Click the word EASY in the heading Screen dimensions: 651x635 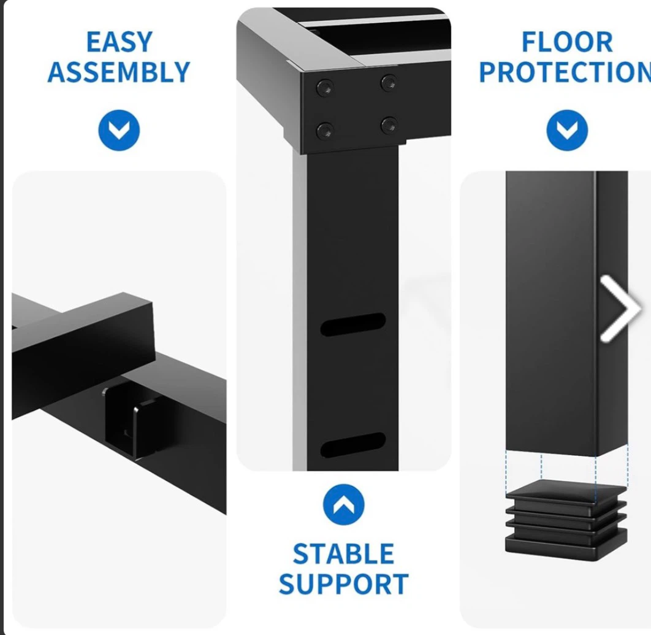pos(120,42)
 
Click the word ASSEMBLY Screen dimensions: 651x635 pos(119,72)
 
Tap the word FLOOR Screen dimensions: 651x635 pos(567,42)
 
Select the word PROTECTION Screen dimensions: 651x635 pos(565,72)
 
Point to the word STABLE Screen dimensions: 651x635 pos(343,554)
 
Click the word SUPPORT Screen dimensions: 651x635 pos(344,584)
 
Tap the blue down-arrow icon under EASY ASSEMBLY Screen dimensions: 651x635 pos(119,130)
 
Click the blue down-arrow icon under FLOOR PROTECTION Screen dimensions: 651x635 pos(567,130)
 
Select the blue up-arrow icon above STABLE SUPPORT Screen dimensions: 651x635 pos(344,504)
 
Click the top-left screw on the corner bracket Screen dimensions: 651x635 pos(325,88)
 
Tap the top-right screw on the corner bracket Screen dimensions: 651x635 pos(389,83)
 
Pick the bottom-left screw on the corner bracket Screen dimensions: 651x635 pos(325,131)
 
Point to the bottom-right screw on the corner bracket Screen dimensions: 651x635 pos(389,125)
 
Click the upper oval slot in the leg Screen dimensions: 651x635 pos(353,324)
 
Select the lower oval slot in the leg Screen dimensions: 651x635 pos(353,444)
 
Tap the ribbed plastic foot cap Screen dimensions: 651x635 pos(566,520)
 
